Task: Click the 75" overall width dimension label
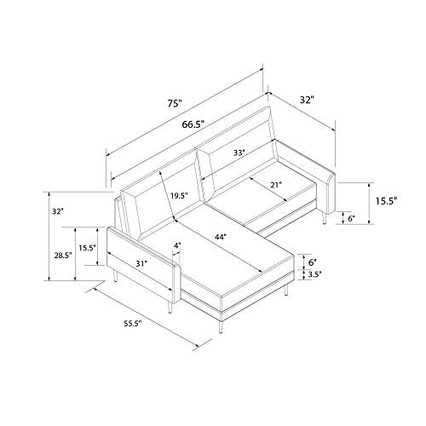click(x=174, y=104)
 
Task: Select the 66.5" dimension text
click(x=193, y=124)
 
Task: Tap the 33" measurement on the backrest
click(x=239, y=153)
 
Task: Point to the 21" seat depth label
click(x=276, y=185)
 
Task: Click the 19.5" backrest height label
click(x=180, y=196)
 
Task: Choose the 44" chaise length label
click(x=221, y=237)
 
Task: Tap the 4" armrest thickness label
click(x=176, y=245)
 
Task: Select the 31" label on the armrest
click(x=142, y=264)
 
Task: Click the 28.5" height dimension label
click(x=63, y=256)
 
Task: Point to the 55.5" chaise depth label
click(x=133, y=324)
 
